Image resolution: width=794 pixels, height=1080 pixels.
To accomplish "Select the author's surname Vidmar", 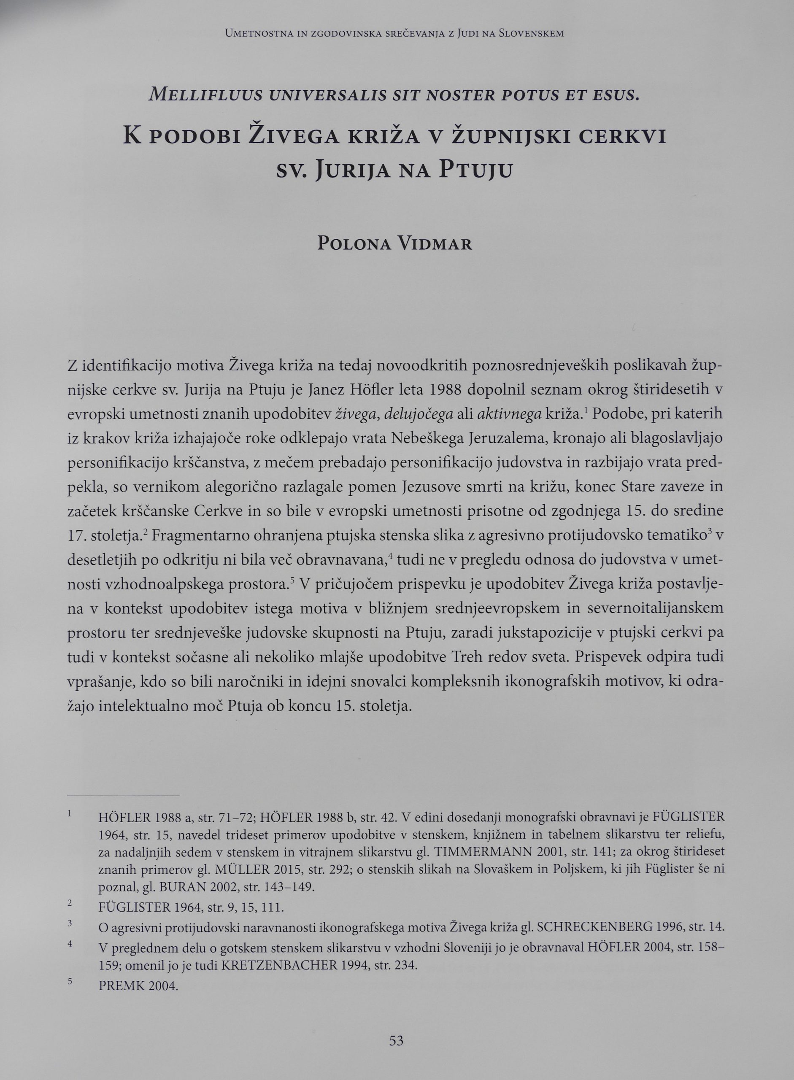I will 435,244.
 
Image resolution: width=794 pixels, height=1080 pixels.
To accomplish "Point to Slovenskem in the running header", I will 531,34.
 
